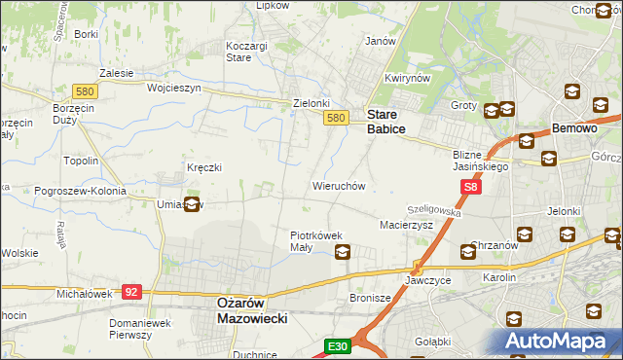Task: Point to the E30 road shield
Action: pos(336,346)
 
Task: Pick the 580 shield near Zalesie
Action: pos(84,91)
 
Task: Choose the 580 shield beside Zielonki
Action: pos(336,118)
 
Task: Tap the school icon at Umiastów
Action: pos(192,204)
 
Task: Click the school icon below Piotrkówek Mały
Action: pos(343,253)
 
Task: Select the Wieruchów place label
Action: pos(338,185)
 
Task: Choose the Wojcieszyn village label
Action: pos(173,88)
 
